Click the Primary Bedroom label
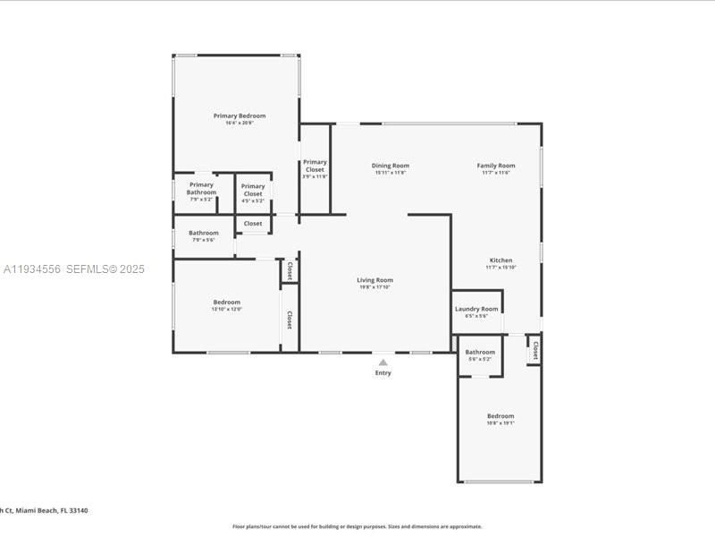tap(239, 115)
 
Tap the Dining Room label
tap(391, 166)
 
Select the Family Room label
tap(495, 166)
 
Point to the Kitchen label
tap(500, 260)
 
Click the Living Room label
tap(376, 280)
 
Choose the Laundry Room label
tap(476, 309)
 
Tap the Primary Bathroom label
tap(201, 189)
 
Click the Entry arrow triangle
tap(383, 362)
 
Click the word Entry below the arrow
tap(383, 373)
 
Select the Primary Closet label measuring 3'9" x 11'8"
tap(315, 166)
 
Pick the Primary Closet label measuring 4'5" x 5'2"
tap(253, 190)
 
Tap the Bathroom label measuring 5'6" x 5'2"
tap(480, 353)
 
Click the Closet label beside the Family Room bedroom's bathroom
tap(535, 350)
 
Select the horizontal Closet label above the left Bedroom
tap(253, 224)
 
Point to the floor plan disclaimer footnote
tap(357, 526)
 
